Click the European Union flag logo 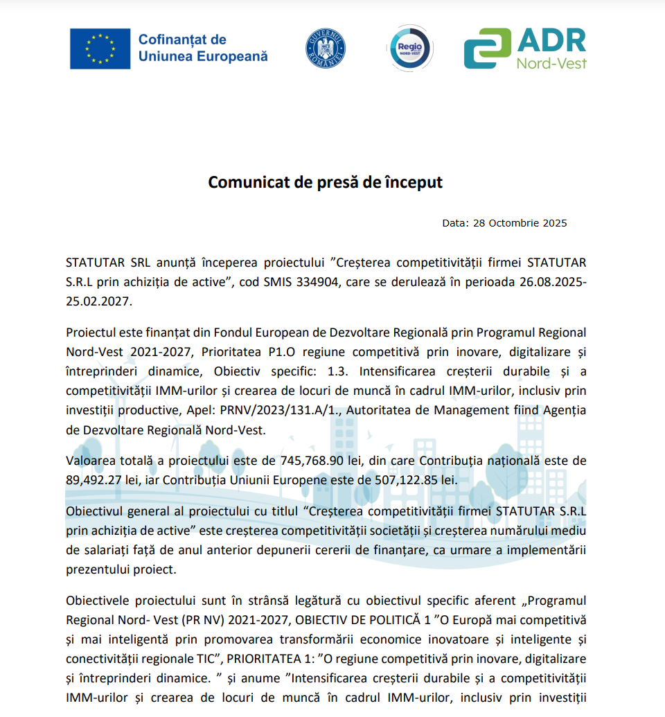100,48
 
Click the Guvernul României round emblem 326,48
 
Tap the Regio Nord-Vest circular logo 409,48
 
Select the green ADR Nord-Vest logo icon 487,48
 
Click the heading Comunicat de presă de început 326,182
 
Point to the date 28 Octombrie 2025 520,223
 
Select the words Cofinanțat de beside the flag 182,39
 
